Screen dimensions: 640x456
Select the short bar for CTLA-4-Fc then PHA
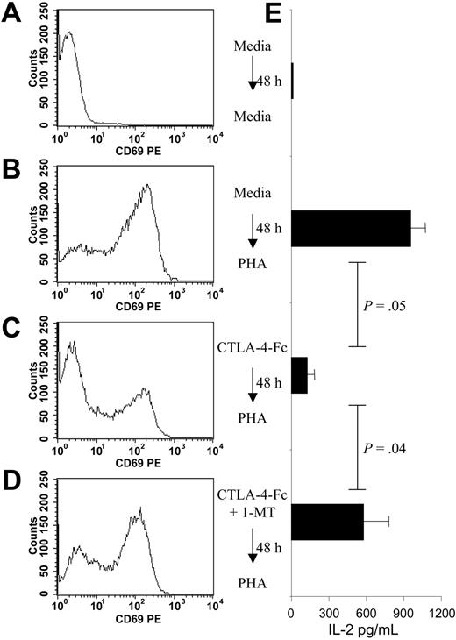[299, 374]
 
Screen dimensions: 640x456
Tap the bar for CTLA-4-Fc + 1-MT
[327, 522]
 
